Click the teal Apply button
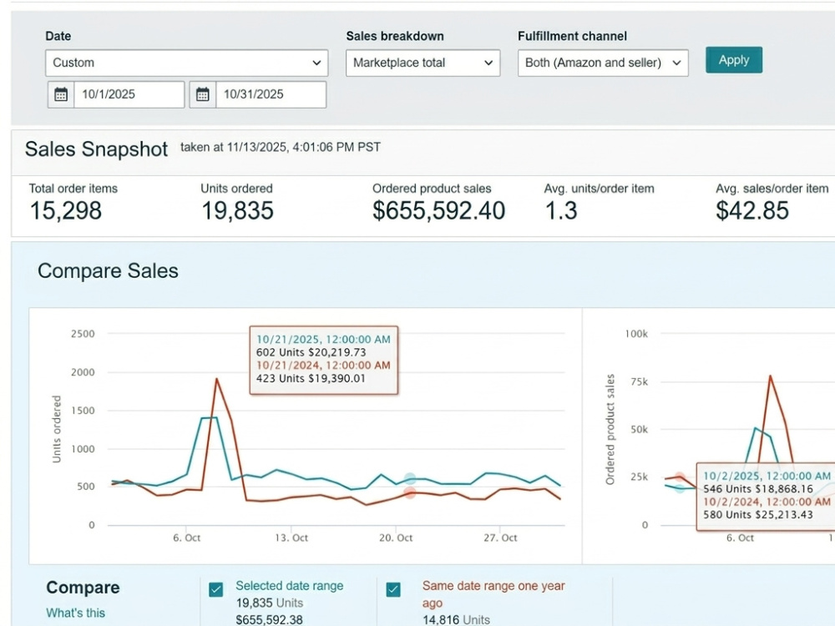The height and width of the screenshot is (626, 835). (x=734, y=60)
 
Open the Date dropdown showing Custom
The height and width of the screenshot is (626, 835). (x=186, y=63)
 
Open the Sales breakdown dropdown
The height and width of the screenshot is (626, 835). (x=423, y=63)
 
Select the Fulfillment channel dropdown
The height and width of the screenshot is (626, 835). (x=603, y=63)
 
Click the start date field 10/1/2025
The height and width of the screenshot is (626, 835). (x=129, y=95)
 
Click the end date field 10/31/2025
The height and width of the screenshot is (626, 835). (x=271, y=95)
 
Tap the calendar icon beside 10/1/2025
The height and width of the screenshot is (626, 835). (x=61, y=95)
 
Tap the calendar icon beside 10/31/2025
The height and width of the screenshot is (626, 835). (x=202, y=95)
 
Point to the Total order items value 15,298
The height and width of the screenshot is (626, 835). (x=65, y=211)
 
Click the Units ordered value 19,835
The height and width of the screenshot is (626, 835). (x=237, y=211)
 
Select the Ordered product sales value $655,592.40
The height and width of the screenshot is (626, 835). (x=439, y=211)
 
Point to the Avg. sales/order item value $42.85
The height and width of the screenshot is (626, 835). (x=752, y=211)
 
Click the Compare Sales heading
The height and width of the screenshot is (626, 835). (x=108, y=271)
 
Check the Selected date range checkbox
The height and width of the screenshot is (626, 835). (x=215, y=590)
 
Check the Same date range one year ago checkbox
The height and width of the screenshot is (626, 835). (x=393, y=590)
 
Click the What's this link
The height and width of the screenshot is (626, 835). (x=76, y=613)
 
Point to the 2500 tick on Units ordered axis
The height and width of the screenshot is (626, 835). (x=83, y=334)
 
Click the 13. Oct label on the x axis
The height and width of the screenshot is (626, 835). (x=291, y=538)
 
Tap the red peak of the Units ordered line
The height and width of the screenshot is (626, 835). (x=217, y=378)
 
